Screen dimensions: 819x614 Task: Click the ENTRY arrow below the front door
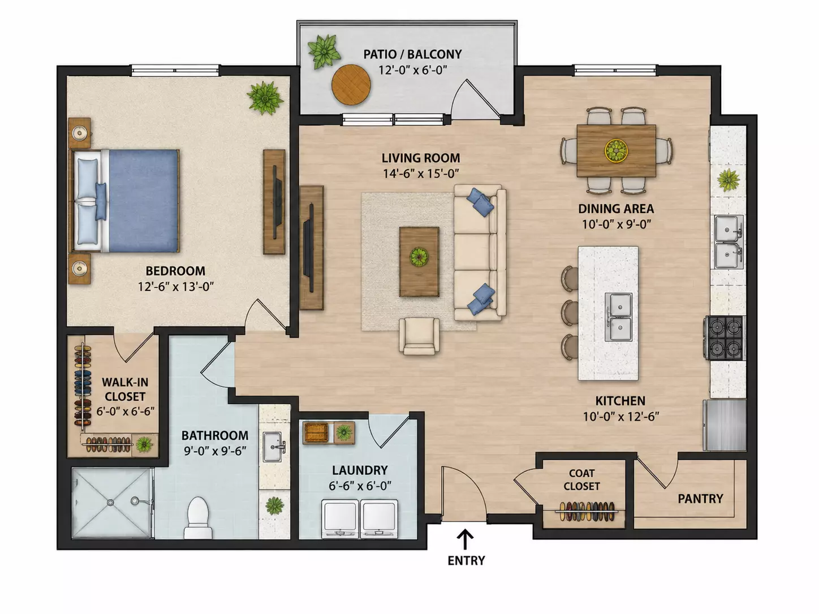465,539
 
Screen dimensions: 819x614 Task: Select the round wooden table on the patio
351,85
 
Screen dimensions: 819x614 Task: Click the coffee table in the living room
419,262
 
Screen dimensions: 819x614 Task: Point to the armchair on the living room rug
419,336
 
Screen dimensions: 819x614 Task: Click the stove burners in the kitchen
725,338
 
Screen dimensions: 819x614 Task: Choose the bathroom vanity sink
273,447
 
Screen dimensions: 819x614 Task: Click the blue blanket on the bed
144,201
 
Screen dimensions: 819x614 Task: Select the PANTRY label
700,499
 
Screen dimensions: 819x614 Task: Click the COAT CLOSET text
581,479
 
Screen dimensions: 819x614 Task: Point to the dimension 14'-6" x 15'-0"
420,174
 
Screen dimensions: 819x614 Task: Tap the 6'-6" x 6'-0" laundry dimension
360,486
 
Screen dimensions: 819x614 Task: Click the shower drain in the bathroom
110,503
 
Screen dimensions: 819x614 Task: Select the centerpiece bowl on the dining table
616,150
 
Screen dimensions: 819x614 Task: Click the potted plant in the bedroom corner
265,98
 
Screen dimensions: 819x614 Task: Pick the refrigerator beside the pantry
725,425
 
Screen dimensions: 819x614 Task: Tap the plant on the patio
324,51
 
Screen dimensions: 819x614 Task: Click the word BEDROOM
175,271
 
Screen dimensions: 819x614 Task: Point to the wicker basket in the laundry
316,433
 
